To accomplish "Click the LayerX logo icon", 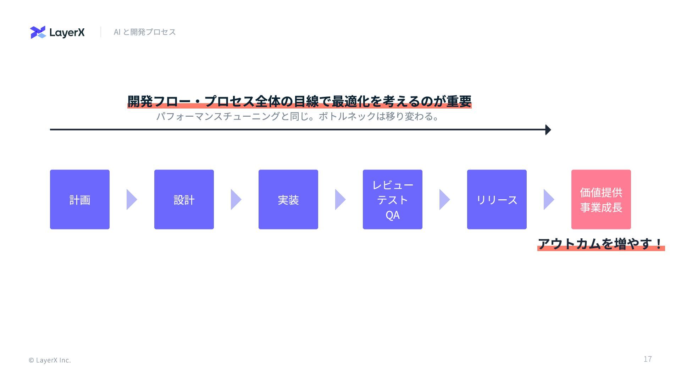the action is pos(38,32).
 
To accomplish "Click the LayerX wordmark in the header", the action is pos(67,33).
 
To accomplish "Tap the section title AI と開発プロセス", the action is pos(145,32).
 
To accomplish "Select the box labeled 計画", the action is pos(80,199).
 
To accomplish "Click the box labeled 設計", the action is pos(184,199).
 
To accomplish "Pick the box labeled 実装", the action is pos(288,199).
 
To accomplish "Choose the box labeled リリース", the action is pos(497,199).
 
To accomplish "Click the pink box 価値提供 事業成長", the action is pos(601,199).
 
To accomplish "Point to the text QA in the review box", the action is pos(393,215).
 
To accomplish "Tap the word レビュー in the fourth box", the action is pos(393,185).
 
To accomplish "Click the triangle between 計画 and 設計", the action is pos(131,199).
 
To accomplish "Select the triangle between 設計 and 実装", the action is pos(236,199).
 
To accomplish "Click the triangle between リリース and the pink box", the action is pos(548,199).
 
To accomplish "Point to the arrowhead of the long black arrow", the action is pos(548,130).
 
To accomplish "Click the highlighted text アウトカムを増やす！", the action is pos(600,244).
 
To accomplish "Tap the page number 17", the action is pos(648,359).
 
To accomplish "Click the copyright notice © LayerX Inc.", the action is pos(50,360).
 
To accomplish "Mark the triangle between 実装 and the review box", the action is pos(340,199).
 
